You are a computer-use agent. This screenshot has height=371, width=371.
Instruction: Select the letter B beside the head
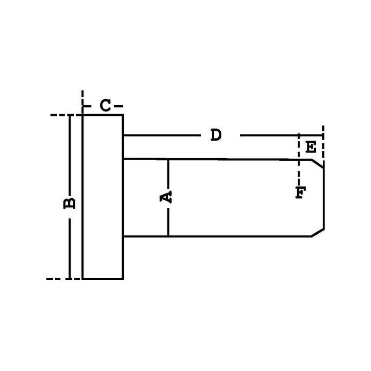pyautogui.click(x=69, y=203)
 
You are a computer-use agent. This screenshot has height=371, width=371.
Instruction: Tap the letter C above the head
pyautogui.click(x=106, y=106)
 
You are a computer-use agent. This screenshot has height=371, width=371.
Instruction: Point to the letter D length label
pyautogui.click(x=216, y=135)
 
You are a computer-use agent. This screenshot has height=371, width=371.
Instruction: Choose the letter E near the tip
pyautogui.click(x=312, y=148)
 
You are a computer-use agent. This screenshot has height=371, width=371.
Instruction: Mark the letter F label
pyautogui.click(x=300, y=192)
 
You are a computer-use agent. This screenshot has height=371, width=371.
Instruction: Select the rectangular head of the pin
pyautogui.click(x=103, y=197)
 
